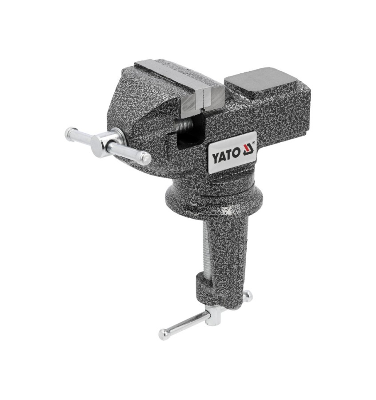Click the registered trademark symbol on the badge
(x=254, y=142)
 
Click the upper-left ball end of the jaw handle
(x=69, y=132)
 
